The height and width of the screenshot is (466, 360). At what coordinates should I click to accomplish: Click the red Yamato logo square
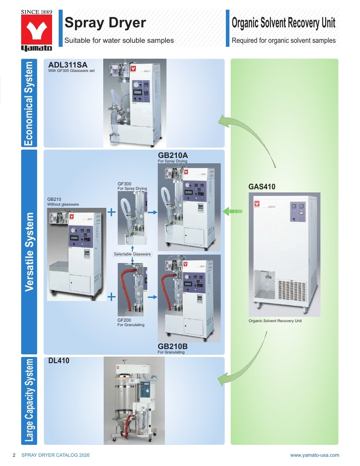click(x=37, y=30)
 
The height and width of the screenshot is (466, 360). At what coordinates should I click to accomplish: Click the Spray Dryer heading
click(x=105, y=23)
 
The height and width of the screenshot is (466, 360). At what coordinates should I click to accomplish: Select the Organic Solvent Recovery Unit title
click(x=283, y=23)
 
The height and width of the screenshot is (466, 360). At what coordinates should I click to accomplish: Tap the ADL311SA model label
click(x=68, y=65)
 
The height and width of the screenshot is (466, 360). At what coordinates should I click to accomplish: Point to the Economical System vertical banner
click(x=29, y=103)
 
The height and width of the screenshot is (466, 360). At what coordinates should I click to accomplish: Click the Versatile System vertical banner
click(x=29, y=252)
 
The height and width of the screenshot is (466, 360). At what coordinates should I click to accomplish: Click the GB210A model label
click(x=173, y=155)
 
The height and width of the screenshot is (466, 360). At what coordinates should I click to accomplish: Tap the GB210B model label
click(x=172, y=346)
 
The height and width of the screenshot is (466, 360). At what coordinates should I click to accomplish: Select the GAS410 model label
click(x=262, y=187)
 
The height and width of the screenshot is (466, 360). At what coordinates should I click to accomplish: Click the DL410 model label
click(x=59, y=361)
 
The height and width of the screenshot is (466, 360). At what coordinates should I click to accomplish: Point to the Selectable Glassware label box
click(x=132, y=254)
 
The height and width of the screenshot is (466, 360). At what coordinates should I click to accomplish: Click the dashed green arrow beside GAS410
click(x=232, y=211)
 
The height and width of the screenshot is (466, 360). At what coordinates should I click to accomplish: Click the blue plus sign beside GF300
click(x=111, y=212)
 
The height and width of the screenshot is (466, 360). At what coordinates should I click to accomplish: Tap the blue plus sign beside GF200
click(x=111, y=297)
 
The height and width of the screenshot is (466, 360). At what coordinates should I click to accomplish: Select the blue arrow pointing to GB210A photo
click(x=152, y=212)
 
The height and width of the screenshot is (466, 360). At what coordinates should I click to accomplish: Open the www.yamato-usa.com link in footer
click(x=315, y=455)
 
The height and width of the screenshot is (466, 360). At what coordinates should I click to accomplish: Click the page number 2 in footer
click(x=14, y=455)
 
